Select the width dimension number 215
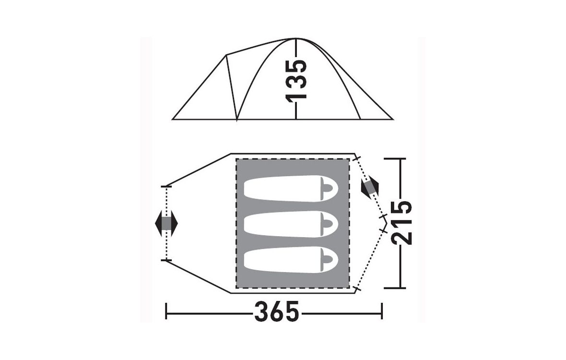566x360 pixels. click(x=401, y=223)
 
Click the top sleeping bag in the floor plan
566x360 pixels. click(x=291, y=189)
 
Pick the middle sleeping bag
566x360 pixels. click(x=291, y=225)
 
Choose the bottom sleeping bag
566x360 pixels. click(x=291, y=260)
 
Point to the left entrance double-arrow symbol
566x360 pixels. click(x=166, y=224)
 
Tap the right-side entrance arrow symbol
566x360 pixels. click(x=370, y=187)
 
